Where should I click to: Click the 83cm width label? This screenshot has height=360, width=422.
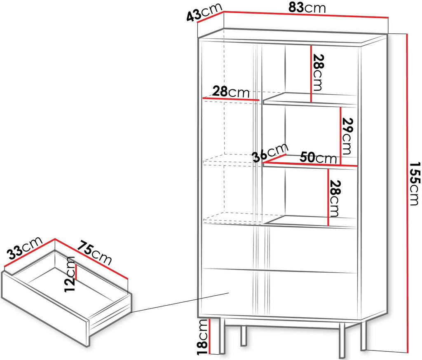[x=307, y=8]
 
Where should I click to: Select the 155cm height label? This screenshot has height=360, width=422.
[x=415, y=183]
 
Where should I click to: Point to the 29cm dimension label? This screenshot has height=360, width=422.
[x=347, y=136]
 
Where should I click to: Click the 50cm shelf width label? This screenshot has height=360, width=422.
[x=318, y=158]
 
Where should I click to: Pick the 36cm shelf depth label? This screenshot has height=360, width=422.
[x=270, y=152]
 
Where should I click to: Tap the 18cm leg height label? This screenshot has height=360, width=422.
[x=203, y=337]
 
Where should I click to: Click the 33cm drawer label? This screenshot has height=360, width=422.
[x=24, y=248]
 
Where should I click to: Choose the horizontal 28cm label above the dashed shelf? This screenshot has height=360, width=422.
[x=231, y=92]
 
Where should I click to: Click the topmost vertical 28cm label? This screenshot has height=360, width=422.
[x=318, y=72]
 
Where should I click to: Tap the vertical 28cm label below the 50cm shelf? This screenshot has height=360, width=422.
[x=335, y=199]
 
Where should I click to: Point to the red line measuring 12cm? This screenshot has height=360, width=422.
[x=76, y=272]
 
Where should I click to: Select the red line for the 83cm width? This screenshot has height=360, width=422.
[x=306, y=14]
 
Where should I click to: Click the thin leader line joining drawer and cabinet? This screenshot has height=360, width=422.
[x=180, y=302]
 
